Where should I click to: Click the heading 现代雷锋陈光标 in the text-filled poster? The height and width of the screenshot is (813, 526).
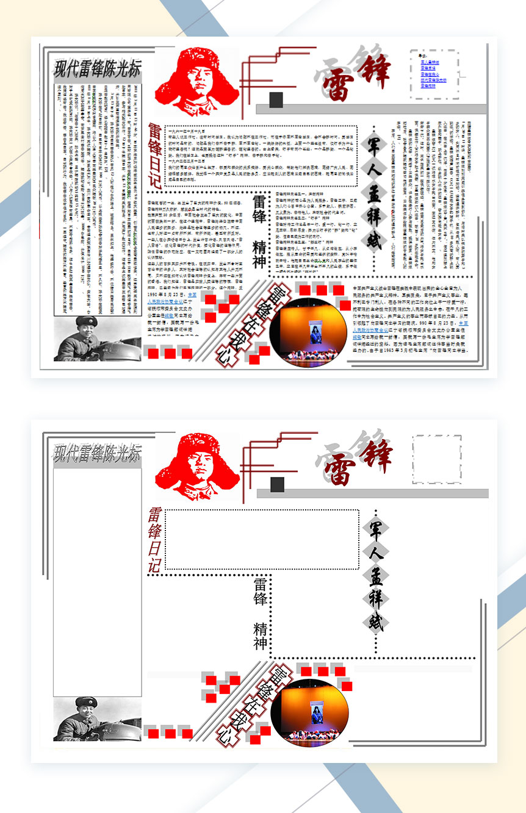click(96, 68)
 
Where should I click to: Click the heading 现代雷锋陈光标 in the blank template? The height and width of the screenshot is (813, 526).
click(96, 453)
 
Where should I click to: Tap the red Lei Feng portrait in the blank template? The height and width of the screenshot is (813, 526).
click(196, 465)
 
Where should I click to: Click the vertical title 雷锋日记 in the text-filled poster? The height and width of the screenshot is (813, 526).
click(154, 156)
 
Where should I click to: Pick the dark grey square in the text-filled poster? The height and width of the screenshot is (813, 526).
click(276, 99)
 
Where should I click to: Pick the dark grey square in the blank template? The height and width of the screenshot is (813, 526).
click(277, 485)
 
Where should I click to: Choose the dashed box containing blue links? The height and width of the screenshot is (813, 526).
click(434, 74)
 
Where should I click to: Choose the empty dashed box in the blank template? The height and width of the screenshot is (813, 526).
click(437, 459)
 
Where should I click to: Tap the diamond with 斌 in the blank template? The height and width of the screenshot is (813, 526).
click(375, 623)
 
